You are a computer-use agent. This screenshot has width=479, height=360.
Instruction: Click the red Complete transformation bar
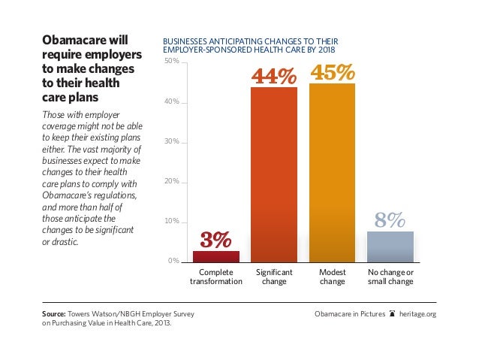pos(216,256)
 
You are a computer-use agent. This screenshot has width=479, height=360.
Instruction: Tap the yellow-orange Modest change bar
pos(333,172)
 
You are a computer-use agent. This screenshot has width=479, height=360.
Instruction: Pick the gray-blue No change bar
pos(390,246)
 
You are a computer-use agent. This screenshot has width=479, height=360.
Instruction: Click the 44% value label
pos(274,75)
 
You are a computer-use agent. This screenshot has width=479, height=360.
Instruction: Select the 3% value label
pos(216,240)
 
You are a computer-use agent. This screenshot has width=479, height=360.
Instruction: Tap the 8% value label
pos(390,219)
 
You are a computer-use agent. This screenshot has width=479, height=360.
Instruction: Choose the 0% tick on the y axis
pos(173,262)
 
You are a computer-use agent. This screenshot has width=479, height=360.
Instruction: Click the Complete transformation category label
pos(216,277)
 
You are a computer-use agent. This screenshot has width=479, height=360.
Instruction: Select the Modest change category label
pos(333,277)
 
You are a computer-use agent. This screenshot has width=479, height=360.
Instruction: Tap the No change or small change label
pos(390,277)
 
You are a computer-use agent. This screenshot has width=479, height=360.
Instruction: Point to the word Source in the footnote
pos(54,313)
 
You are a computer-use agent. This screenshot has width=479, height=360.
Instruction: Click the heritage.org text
pos(418,313)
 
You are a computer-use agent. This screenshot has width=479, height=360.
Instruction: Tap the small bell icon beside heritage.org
pos(393,313)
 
